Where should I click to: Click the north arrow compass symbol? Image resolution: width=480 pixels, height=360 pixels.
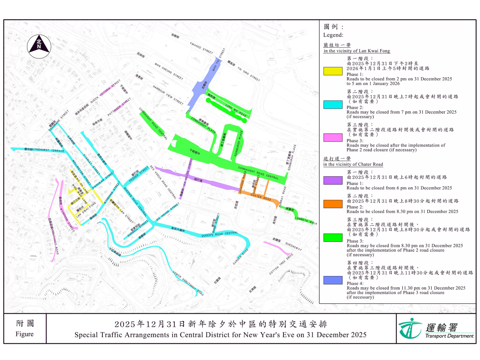click(39, 46)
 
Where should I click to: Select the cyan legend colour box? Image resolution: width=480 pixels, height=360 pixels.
click(333, 104)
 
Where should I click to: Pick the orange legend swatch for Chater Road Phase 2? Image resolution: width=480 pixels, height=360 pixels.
click(333, 204)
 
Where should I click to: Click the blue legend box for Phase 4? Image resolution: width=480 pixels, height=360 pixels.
click(333, 280)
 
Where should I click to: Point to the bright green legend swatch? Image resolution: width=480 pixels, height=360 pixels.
click(333, 238)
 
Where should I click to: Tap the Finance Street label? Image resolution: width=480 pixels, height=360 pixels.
click(201, 48)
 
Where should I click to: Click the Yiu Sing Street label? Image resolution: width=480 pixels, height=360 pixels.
click(249, 74)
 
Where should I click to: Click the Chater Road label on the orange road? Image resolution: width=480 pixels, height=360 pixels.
click(261, 197)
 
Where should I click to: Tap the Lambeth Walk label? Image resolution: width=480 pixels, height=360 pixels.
click(306, 220)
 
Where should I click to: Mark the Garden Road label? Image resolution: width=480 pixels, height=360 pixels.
click(240, 257)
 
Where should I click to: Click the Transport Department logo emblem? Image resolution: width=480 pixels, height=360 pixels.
click(410, 329)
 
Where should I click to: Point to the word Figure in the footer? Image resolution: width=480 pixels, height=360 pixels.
click(25, 334)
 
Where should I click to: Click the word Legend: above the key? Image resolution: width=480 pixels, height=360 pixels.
click(333, 35)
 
